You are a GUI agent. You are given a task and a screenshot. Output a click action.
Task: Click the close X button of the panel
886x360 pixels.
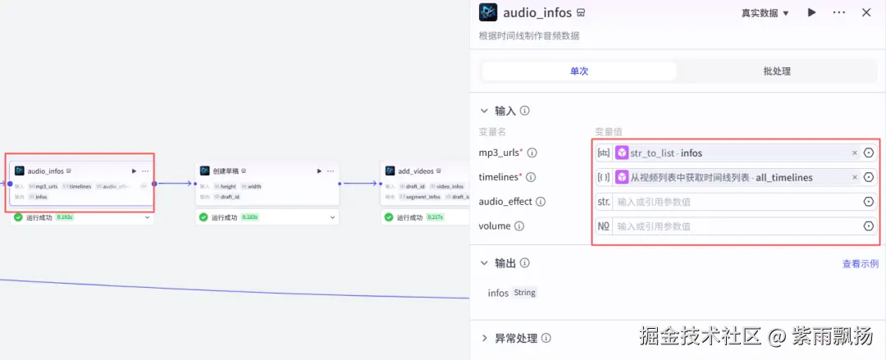click(x=866, y=12)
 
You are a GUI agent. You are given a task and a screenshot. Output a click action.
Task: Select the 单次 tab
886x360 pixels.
click(x=579, y=71)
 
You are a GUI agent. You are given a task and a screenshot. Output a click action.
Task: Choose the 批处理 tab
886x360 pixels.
click(x=776, y=71)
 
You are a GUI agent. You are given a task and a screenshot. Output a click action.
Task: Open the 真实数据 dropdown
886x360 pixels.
click(x=765, y=13)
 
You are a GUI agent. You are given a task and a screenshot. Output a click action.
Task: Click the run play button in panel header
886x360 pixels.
click(x=811, y=12)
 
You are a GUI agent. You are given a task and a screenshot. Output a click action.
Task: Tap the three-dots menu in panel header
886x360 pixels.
click(x=838, y=12)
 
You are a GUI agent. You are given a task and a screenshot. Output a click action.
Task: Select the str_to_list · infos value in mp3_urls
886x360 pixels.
click(x=665, y=153)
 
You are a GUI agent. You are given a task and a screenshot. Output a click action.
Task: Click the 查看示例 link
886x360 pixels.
click(x=860, y=264)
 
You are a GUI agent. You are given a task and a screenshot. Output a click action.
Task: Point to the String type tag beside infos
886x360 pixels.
click(x=524, y=293)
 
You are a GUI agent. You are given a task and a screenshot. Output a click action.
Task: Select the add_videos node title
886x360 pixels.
click(x=415, y=171)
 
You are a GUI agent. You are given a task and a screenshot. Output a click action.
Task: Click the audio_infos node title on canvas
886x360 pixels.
click(x=45, y=171)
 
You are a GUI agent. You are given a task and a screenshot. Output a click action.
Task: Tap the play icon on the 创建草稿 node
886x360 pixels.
click(x=319, y=171)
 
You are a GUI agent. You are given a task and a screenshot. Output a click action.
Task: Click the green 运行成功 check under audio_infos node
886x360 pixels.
click(x=18, y=217)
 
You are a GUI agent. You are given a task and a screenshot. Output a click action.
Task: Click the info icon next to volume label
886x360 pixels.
click(x=519, y=226)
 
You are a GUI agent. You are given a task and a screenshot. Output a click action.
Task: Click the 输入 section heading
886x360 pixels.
click(x=506, y=111)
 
